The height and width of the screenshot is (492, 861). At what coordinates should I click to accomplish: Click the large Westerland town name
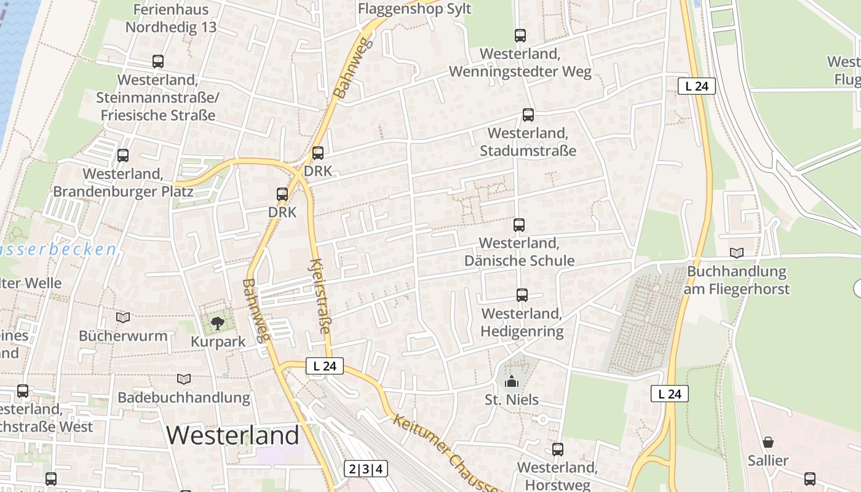coord(232,435)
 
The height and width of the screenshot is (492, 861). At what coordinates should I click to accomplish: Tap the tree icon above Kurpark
coord(217,323)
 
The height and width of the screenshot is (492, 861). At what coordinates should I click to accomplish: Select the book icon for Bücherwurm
coord(123,317)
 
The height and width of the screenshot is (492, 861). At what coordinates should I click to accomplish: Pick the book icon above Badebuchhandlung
coord(183,379)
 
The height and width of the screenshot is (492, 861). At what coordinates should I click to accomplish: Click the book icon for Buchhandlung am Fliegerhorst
coord(736,253)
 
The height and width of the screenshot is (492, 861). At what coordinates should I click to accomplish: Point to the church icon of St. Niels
coord(511,382)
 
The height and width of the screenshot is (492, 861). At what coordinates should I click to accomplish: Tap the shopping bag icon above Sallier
coord(768,442)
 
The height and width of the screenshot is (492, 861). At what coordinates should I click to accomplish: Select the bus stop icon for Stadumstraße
coord(528,115)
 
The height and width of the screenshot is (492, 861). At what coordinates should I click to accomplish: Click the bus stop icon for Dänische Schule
coord(519,225)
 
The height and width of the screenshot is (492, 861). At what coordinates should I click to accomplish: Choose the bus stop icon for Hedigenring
coord(522,295)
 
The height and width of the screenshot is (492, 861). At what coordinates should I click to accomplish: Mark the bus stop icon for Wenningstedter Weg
coord(520,36)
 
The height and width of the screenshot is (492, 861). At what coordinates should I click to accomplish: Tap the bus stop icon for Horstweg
coord(557,450)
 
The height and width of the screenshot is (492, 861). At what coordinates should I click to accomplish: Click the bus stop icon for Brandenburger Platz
coord(123,156)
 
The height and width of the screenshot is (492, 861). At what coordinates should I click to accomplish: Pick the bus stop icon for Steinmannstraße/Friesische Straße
coord(158,61)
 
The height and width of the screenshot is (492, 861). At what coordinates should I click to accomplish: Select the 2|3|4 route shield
coord(366,469)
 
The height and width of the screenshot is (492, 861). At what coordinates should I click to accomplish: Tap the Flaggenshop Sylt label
coord(415,9)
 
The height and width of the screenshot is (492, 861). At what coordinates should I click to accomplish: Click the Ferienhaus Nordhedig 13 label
coord(171,18)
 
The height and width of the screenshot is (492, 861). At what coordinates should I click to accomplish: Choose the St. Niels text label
coord(512,400)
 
